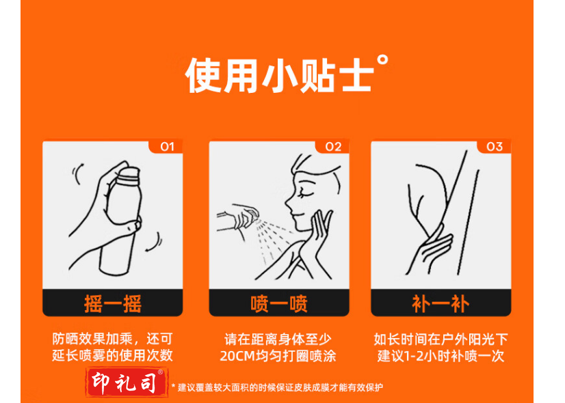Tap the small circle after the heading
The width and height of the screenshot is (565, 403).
pos(382,60)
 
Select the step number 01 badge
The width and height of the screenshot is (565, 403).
pos(167,146)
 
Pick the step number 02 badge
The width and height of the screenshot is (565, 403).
pos(333,146)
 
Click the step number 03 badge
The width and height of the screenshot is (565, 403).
pos(495,146)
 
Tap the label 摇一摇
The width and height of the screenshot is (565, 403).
pos(112,304)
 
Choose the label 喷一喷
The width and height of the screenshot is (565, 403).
pos(279,304)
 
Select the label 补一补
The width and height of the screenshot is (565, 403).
pos(441,304)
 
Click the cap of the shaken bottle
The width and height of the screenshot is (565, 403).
pos(129,173)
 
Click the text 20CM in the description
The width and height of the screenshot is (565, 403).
pos(237,357)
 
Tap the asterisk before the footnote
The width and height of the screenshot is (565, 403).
pos(173,387)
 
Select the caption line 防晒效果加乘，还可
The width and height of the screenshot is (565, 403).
pos(112,339)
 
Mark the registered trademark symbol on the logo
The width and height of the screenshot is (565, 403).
pos(161,372)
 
